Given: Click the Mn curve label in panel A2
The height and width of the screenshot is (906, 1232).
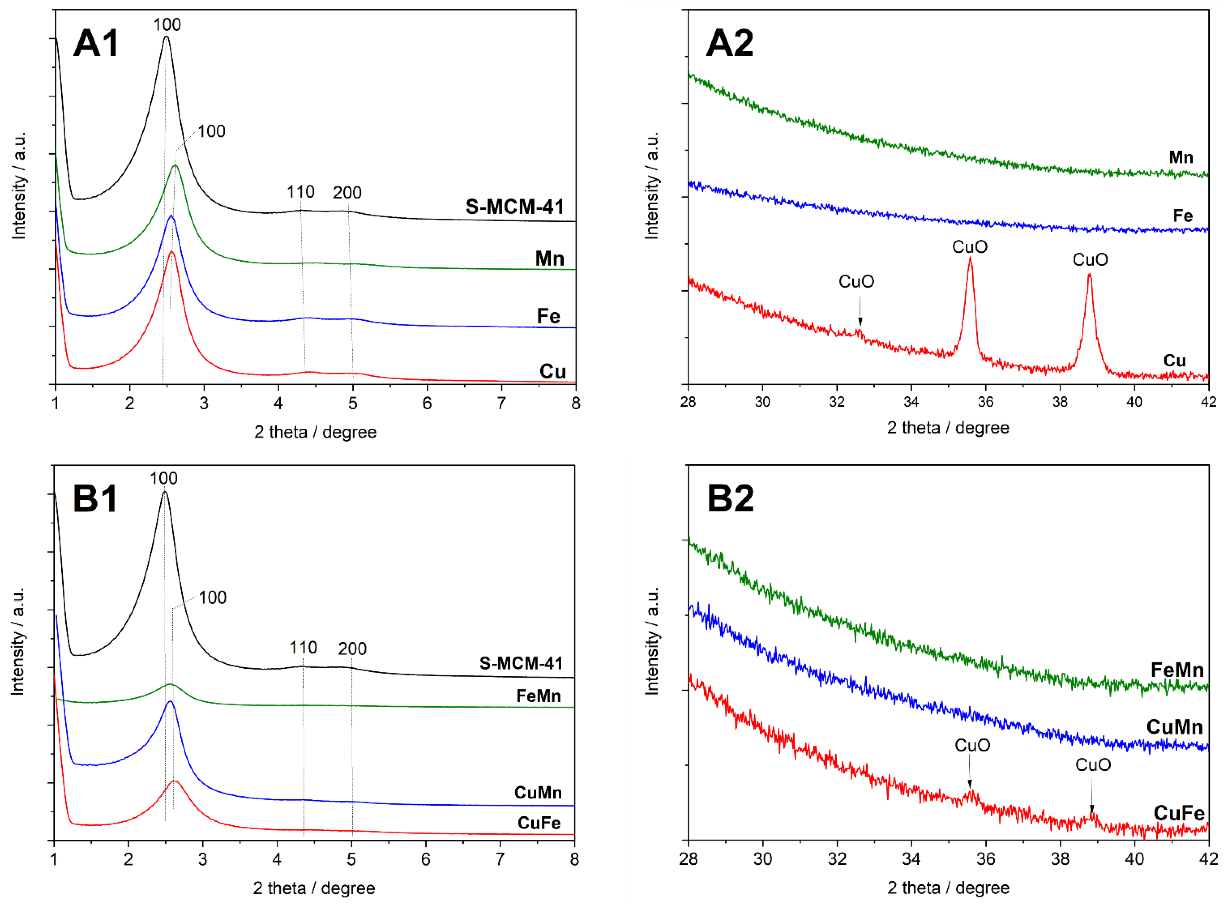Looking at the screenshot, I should pyautogui.click(x=1180, y=157).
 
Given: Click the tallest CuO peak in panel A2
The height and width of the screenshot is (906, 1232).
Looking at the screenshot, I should pyautogui.click(x=970, y=259).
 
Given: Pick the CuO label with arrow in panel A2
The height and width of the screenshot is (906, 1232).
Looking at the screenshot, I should pyautogui.click(x=856, y=282).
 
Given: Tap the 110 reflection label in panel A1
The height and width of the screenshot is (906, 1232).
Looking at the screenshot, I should pyautogui.click(x=301, y=192).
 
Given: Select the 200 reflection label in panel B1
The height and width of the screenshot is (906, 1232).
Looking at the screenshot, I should pyautogui.click(x=352, y=649).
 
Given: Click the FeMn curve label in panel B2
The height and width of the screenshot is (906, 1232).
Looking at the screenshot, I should pyautogui.click(x=1177, y=670).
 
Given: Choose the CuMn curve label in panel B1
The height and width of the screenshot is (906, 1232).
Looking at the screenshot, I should pyautogui.click(x=538, y=793).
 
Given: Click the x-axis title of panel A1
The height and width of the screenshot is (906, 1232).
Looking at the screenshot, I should pyautogui.click(x=315, y=432).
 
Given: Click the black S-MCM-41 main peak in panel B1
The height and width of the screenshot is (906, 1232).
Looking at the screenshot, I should pyautogui.click(x=165, y=493).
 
